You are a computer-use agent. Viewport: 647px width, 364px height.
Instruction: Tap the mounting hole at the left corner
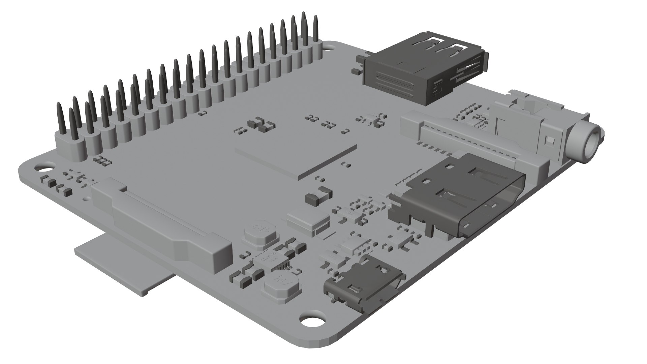click(x=43, y=166)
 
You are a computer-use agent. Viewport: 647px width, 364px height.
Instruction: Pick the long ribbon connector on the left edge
click(x=162, y=222)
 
